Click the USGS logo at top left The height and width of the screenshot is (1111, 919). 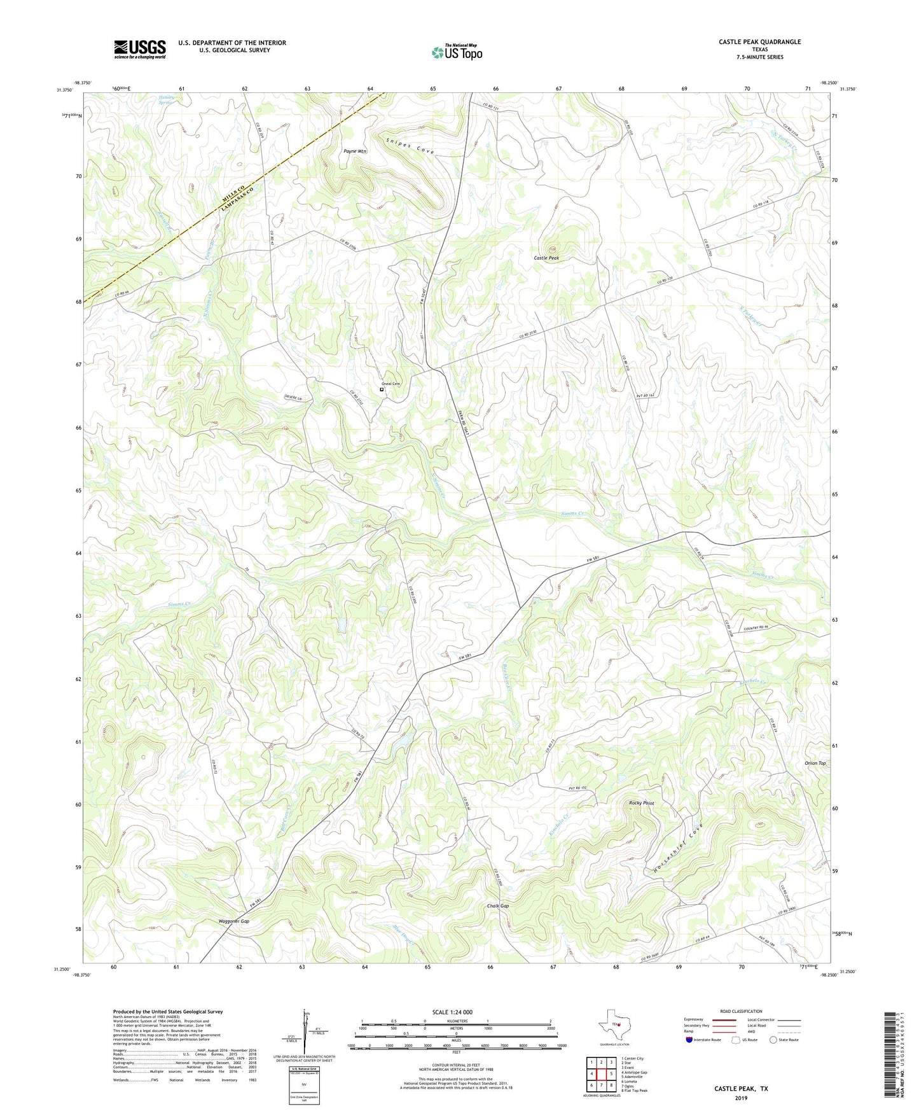tap(139, 49)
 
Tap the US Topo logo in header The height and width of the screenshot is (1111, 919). tap(457, 52)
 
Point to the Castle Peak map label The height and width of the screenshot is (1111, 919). tap(546, 258)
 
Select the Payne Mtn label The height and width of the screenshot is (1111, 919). tap(355, 151)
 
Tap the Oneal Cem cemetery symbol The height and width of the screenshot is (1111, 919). tap(382, 389)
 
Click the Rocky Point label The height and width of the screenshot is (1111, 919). tap(641, 803)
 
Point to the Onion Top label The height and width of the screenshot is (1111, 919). tap(815, 763)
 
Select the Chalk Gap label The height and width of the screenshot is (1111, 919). tap(498, 905)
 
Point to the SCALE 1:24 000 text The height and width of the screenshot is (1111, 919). tap(452, 1012)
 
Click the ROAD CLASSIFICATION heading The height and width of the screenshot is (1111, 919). tap(741, 1011)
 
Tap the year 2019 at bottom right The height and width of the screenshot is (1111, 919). tap(740, 1098)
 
